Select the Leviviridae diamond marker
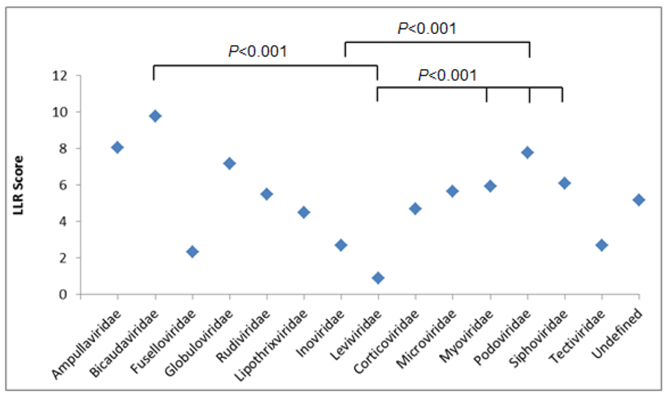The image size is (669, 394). pyautogui.click(x=378, y=278)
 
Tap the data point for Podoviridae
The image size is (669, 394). pyautogui.click(x=527, y=152)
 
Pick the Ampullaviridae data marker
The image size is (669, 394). pyautogui.click(x=117, y=147)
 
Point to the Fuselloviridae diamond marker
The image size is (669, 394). pyautogui.click(x=192, y=252)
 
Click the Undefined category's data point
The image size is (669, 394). pyautogui.click(x=639, y=200)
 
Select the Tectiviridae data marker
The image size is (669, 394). pyautogui.click(x=601, y=245)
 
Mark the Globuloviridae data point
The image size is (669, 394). pyautogui.click(x=229, y=164)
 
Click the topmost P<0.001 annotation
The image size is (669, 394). pyautogui.click(x=427, y=29)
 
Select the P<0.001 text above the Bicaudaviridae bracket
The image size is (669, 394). pyautogui.click(x=258, y=51)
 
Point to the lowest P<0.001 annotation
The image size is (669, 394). pyautogui.click(x=447, y=75)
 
